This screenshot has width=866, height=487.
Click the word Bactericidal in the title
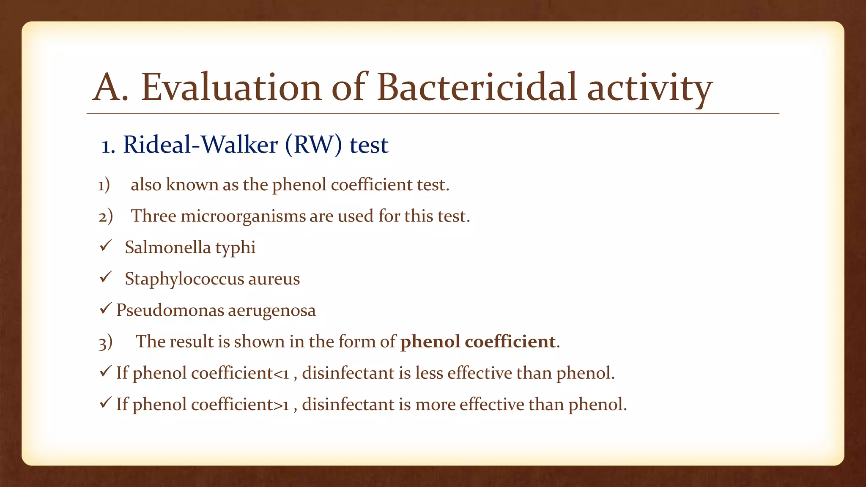coord(477,88)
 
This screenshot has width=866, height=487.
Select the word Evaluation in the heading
coord(231,88)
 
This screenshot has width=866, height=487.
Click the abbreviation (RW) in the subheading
coord(313,145)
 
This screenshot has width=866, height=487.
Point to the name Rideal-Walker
coord(200,145)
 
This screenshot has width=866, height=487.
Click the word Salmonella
coord(167,247)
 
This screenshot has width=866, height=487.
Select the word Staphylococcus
coord(184,279)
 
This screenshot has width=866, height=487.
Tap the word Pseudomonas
coord(170,310)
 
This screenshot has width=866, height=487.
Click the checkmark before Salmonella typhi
coord(105,246)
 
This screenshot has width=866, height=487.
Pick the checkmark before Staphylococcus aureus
coord(105,277)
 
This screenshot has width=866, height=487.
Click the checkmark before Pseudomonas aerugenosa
coord(105,309)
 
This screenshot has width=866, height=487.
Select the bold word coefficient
coord(510,342)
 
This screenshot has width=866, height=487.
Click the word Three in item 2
coord(153,216)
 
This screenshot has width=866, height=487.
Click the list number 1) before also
coord(104,185)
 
